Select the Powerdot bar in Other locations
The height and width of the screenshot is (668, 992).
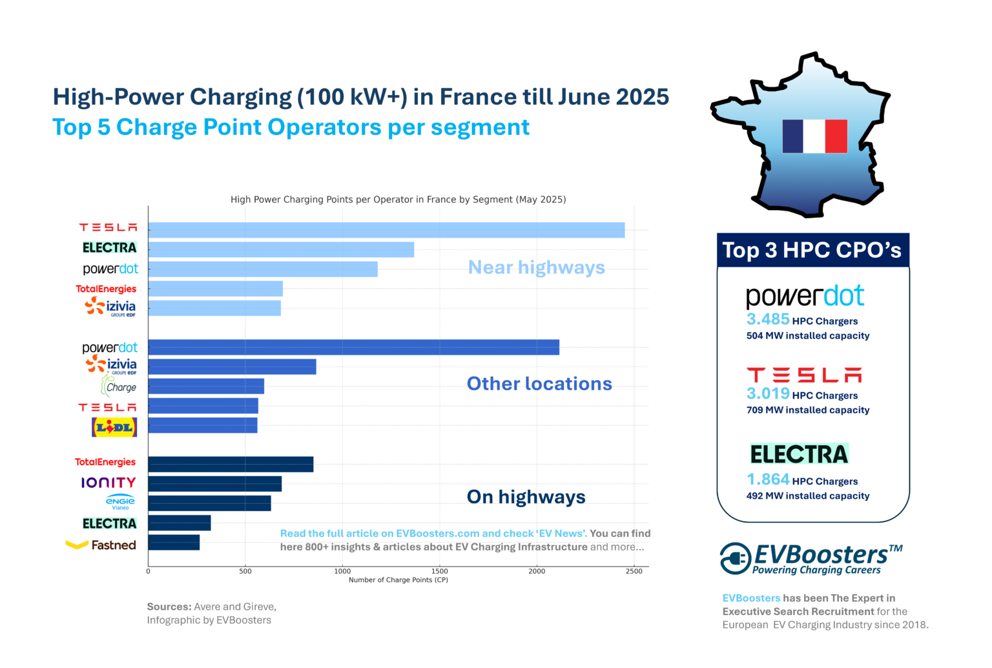tap(353, 347)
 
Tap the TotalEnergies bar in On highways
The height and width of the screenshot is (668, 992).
tap(231, 464)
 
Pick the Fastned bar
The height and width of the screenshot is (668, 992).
tap(174, 542)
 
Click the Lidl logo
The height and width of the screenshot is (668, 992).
tap(114, 427)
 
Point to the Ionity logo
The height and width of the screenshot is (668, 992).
tap(108, 483)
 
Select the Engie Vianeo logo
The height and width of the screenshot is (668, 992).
tap(120, 503)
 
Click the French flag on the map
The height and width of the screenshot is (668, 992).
tap(814, 136)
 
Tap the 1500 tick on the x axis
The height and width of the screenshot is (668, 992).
tap(439, 571)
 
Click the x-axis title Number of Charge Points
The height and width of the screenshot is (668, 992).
tap(398, 580)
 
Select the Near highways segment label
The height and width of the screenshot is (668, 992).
tap(536, 267)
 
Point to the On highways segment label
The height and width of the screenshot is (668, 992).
tap(526, 497)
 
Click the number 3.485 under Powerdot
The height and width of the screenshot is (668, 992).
tap(768, 319)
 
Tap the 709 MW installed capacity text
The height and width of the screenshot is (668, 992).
tap(808, 410)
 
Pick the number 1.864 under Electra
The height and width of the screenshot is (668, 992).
tap(768, 479)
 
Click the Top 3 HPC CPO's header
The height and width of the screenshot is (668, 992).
tap(812, 251)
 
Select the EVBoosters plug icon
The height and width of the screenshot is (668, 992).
tap(736, 558)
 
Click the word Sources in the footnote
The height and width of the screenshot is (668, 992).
tap(169, 607)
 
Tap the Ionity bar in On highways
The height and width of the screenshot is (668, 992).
tap(214, 483)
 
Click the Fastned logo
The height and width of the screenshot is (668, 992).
tap(101, 545)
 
